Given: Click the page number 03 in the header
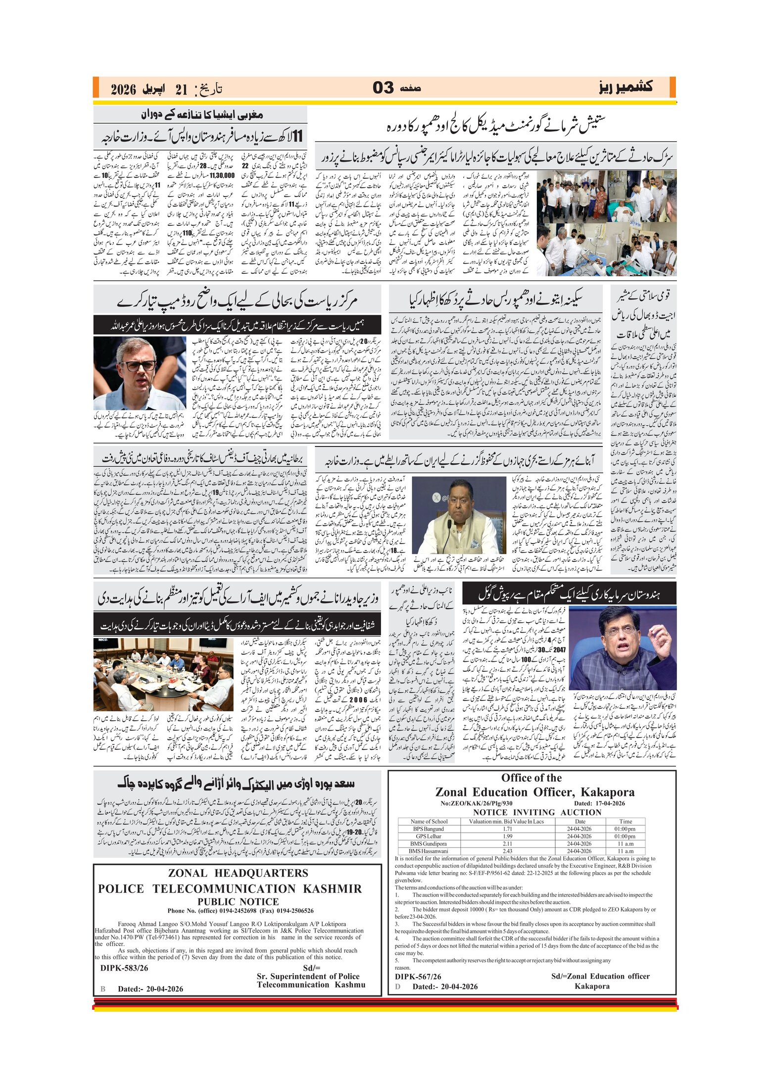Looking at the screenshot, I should (x=383, y=88).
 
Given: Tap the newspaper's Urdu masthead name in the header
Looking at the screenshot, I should (x=626, y=88).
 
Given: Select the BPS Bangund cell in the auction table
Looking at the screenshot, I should (x=429, y=829).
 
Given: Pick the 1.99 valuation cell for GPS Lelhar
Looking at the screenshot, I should (x=507, y=836).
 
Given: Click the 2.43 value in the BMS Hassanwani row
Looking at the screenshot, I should (x=507, y=851).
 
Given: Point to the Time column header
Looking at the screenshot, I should (x=626, y=821).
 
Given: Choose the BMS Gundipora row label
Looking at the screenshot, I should (x=429, y=843).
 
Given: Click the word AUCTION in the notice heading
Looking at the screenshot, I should (x=581, y=812).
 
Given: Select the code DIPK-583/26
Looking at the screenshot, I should (x=124, y=968).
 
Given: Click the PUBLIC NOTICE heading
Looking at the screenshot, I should (x=238, y=901).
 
